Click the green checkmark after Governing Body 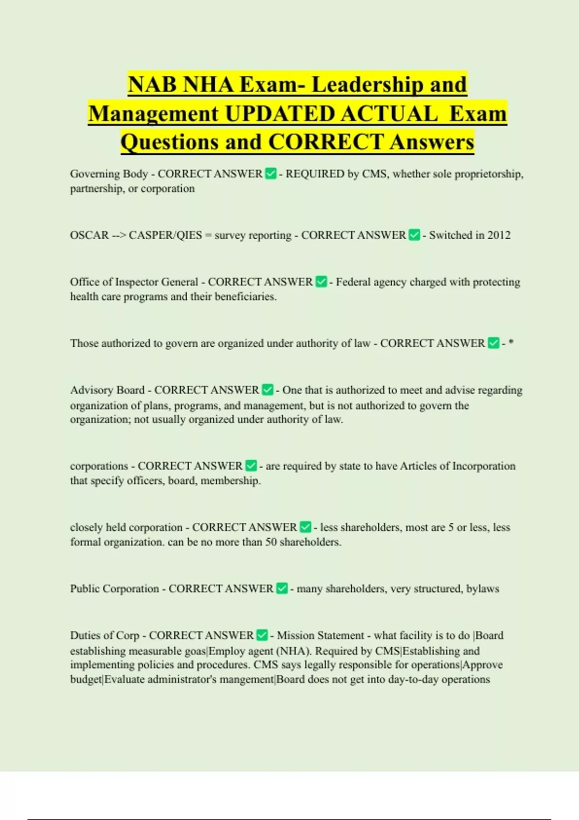coord(271,174)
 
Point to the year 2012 coord(499,235)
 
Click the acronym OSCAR coord(89,235)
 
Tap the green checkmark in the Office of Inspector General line coord(321,282)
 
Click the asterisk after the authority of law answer coord(511,343)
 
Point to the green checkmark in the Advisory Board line coord(268,390)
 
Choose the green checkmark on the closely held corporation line coord(305,527)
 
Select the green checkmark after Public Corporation coord(282,588)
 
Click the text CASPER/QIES coord(165,235)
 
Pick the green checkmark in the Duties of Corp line coord(262,635)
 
